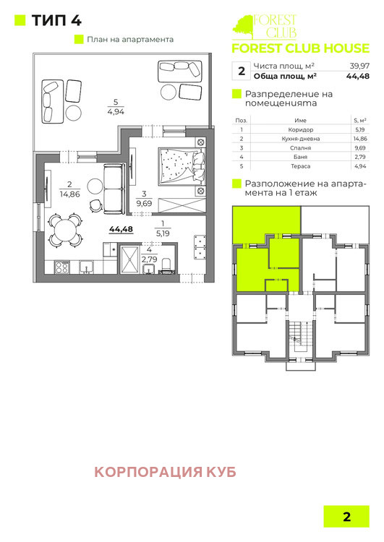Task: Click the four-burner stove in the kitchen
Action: click(61, 267)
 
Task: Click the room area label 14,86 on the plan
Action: click(69, 194)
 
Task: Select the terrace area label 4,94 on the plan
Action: click(116, 112)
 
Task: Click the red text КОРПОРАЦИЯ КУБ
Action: click(166, 473)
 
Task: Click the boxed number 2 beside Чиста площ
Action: click(241, 71)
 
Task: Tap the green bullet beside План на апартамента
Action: click(79, 40)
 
